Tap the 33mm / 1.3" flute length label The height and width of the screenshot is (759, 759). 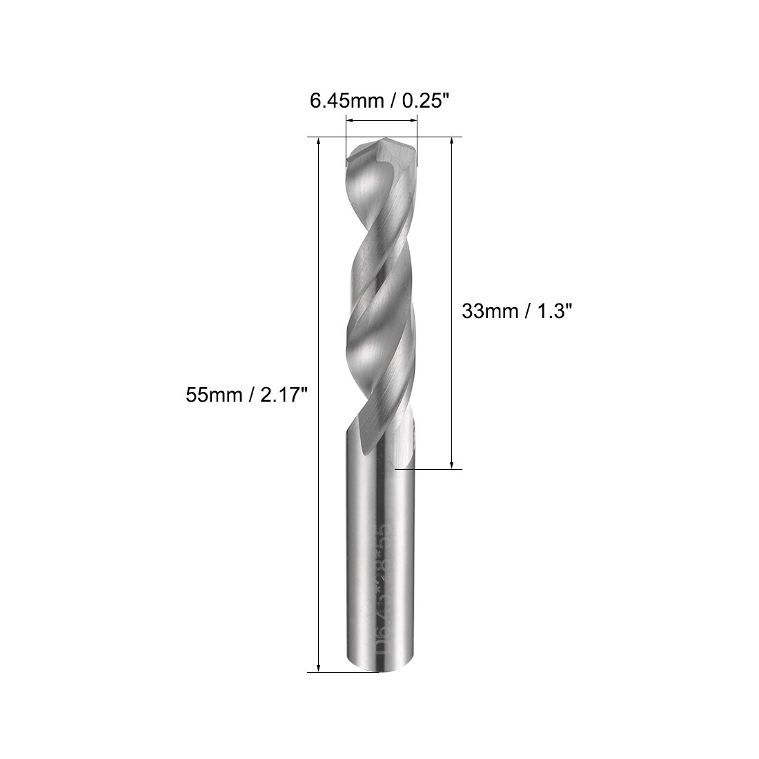pyautogui.click(x=517, y=311)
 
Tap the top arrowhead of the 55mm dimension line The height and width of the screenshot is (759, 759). pyautogui.click(x=318, y=142)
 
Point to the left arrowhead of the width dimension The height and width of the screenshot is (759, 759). pyautogui.click(x=349, y=121)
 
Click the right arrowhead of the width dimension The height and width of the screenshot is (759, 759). pyautogui.click(x=413, y=121)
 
